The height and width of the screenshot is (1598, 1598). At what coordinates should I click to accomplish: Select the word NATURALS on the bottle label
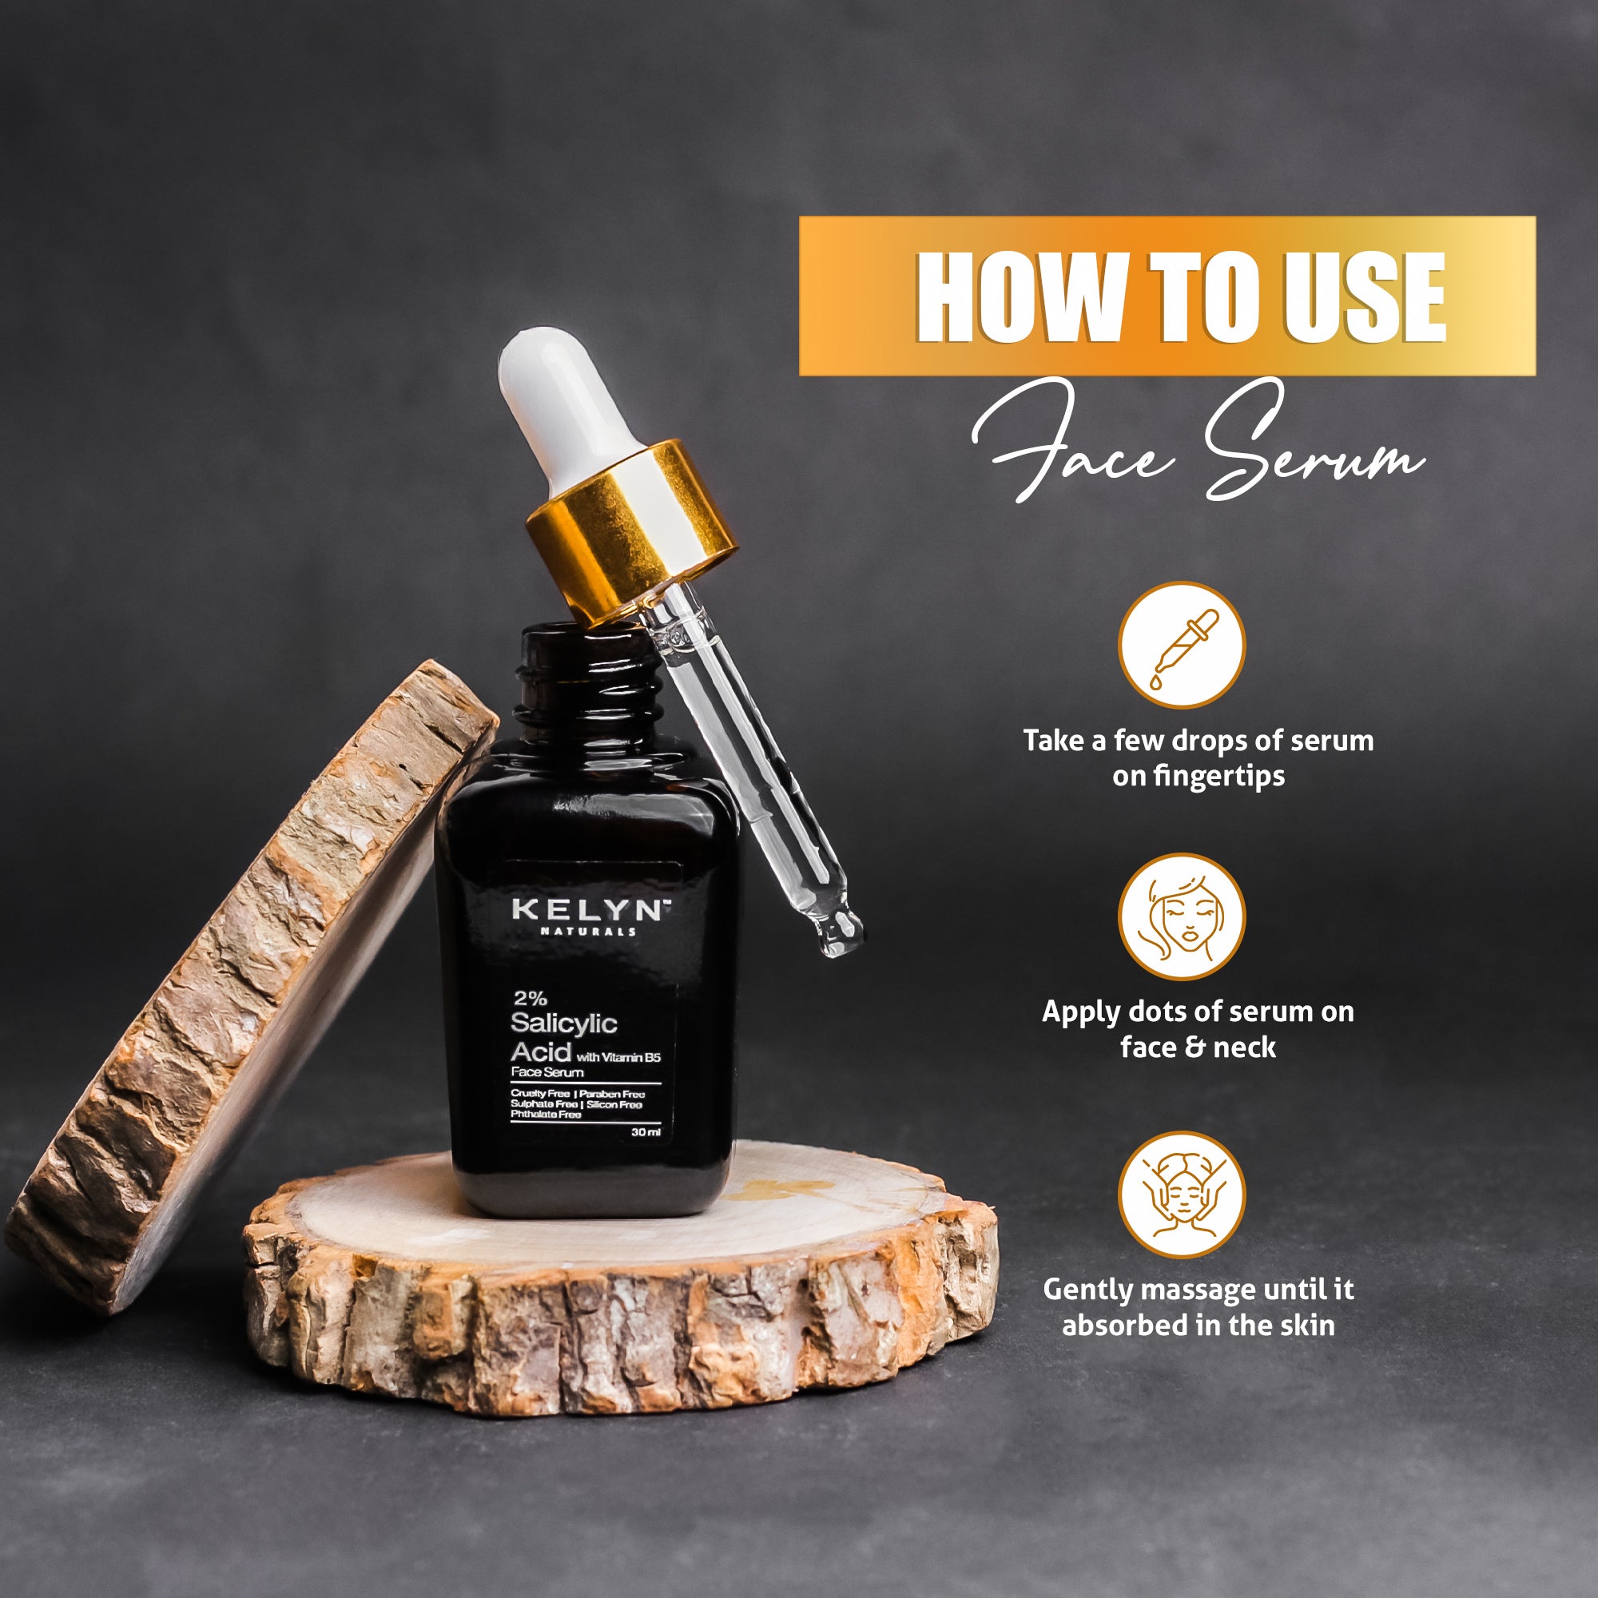click(588, 932)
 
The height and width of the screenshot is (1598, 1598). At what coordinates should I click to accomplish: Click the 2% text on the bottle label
click(530, 997)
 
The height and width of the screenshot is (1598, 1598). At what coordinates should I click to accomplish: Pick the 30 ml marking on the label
click(646, 1132)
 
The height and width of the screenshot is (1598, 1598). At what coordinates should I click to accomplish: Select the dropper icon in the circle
click(1182, 644)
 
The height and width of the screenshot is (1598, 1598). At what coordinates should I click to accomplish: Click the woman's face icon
click(1181, 916)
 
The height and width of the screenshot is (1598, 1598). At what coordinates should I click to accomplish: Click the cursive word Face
click(1075, 443)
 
